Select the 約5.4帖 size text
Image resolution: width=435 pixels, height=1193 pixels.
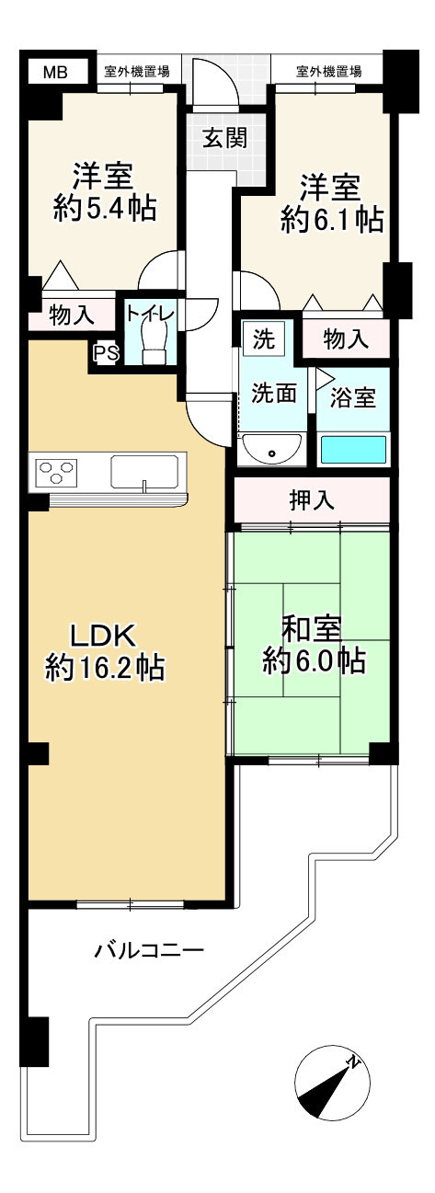coord(104,209)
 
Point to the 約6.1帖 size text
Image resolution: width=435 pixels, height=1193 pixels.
coord(332,219)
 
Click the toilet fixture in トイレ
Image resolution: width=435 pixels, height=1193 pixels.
coord(153,344)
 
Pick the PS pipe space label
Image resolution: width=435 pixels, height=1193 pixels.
coord(105,352)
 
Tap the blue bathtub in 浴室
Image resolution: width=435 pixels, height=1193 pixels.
coord(353,450)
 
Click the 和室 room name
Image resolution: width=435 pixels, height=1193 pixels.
coord(312,630)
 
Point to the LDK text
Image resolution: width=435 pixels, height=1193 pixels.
coord(104,636)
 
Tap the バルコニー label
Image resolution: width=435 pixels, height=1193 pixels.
coord(148,949)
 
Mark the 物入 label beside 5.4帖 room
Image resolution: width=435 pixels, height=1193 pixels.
coord(72,315)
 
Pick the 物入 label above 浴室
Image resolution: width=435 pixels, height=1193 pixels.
coord(347,339)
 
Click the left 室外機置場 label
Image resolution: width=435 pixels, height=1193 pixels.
coord(136,71)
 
